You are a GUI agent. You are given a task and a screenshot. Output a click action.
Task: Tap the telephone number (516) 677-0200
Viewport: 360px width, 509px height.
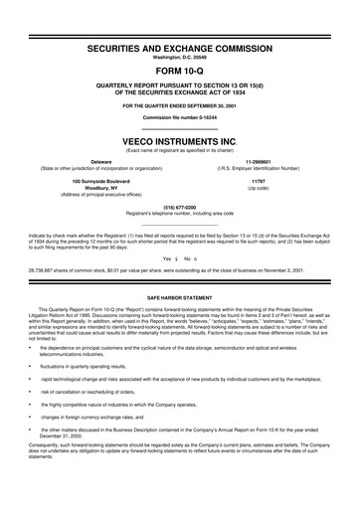click(180, 210)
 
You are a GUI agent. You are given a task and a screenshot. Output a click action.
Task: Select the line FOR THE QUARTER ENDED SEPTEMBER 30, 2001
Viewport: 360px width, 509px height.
click(180, 104)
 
